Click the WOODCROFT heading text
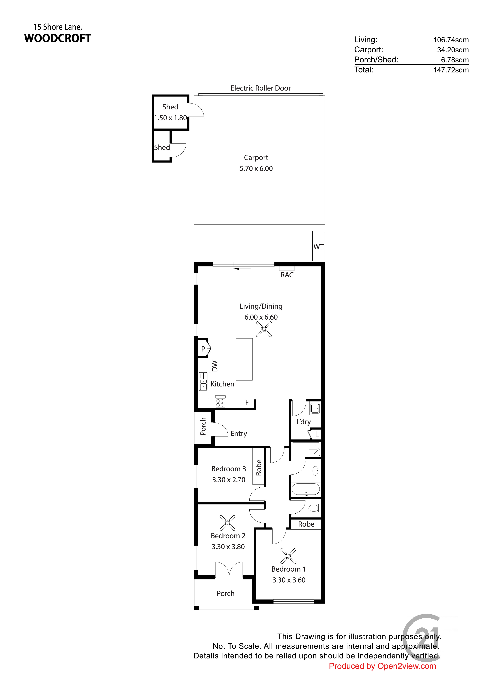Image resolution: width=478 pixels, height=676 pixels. (58, 38)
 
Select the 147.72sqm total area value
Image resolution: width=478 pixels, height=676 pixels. (451, 70)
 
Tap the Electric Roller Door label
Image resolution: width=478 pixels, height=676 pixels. (261, 88)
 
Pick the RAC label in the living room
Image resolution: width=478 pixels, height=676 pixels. (287, 275)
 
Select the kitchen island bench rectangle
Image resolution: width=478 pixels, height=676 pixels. (244, 359)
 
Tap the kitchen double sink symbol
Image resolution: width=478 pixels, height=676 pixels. (203, 382)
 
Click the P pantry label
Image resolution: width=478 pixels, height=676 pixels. (203, 349)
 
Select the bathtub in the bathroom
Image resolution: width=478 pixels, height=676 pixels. (305, 490)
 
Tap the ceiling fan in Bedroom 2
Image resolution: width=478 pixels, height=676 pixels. (227, 523)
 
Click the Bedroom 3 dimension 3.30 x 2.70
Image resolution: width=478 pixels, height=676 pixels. (229, 480)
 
